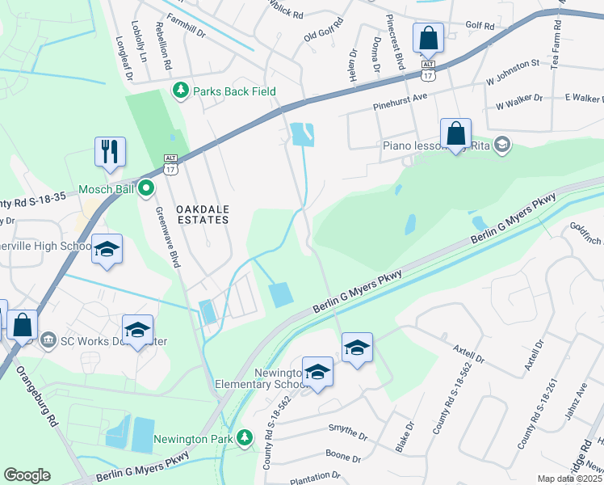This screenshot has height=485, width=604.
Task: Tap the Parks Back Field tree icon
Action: point(182,91)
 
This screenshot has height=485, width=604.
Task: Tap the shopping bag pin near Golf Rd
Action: point(427,37)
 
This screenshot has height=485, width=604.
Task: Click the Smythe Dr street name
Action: point(348,427)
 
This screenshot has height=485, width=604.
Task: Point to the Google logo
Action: point(27,475)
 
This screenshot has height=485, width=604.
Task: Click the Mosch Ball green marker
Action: point(145,189)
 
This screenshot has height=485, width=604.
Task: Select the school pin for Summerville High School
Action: point(107,250)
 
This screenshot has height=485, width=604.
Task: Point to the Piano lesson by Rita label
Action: point(437,146)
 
